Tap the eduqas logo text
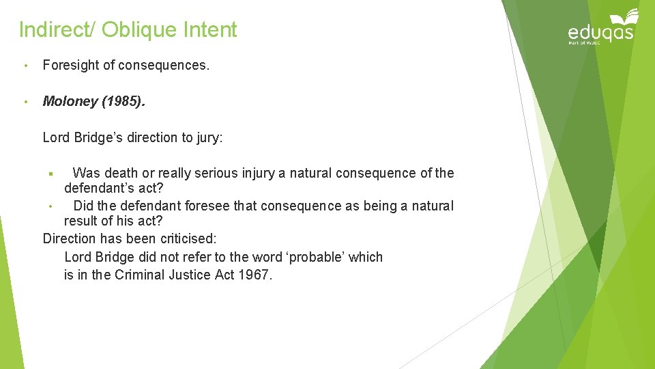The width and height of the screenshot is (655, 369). click(600, 32)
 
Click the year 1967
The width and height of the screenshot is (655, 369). click(256, 275)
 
